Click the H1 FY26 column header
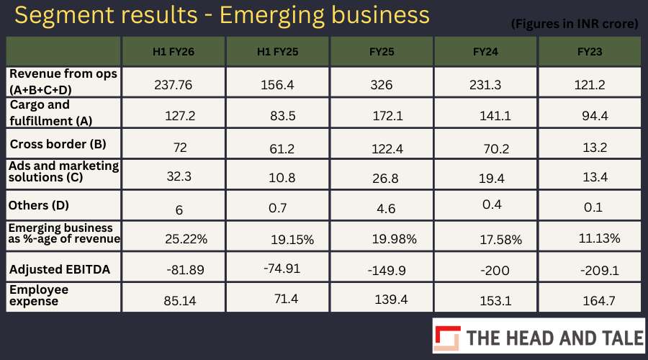(173, 52)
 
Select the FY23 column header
(590, 52)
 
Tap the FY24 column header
(485, 52)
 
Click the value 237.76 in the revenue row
(173, 85)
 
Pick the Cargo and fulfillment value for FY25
(387, 116)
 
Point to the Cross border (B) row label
(58, 144)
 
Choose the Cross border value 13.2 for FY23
(595, 147)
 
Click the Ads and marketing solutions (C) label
(63, 171)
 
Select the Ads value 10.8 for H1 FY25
(282, 178)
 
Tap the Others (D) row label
(38, 205)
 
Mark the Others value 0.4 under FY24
(492, 204)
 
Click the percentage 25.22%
(186, 239)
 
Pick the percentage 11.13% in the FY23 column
(599, 238)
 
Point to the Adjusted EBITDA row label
(60, 269)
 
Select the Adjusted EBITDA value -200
(495, 271)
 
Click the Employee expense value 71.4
(286, 299)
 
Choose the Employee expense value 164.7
(599, 300)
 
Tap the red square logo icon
(447, 338)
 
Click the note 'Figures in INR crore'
(575, 24)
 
